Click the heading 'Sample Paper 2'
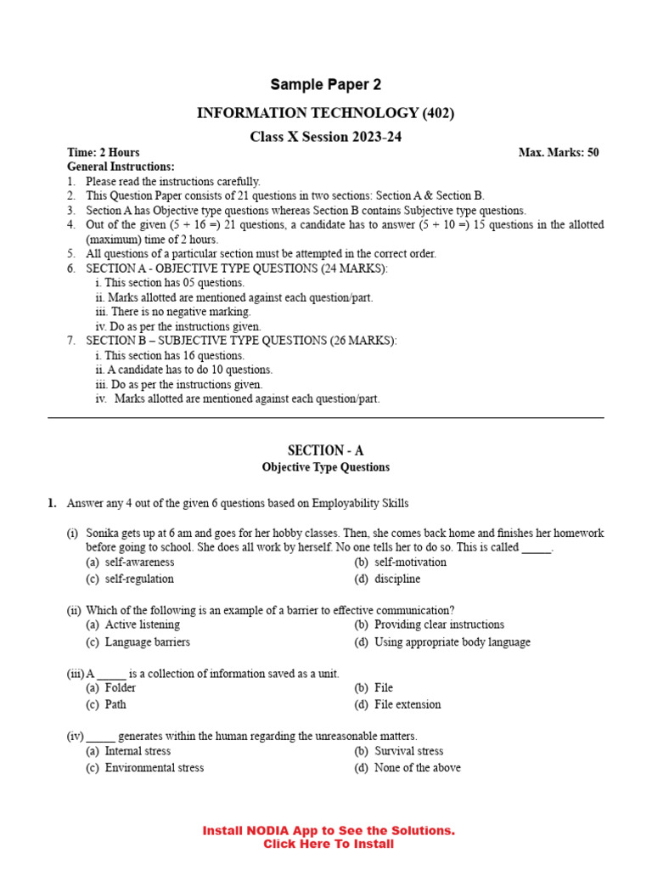(326, 84)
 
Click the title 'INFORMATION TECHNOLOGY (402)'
(326, 113)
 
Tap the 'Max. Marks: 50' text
(559, 153)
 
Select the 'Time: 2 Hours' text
(104, 153)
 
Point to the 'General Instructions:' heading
(121, 167)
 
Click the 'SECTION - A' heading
(326, 450)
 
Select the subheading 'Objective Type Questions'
(326, 467)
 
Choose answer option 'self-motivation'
(410, 562)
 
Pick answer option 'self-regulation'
(139, 579)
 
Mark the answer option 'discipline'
(397, 579)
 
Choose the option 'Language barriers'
(147, 642)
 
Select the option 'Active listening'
(142, 624)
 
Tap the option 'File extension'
(407, 705)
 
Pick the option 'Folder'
(120, 688)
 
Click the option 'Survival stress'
(409, 751)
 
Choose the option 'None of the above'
(418, 768)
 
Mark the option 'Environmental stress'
(154, 768)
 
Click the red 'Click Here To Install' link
(329, 844)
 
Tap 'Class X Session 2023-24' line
(326, 137)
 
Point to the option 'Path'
(115, 705)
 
